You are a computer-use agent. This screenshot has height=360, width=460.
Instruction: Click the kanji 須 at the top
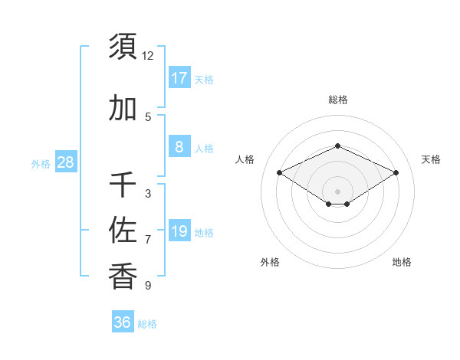pos(123,46)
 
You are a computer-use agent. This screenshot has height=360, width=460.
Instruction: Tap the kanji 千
pos(123,185)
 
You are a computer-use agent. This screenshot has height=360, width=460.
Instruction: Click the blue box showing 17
pos(179,78)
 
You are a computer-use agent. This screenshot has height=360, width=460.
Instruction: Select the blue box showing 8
pos(179,147)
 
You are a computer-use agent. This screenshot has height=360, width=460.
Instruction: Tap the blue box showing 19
pos(179,231)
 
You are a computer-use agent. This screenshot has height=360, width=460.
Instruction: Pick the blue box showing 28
pos(65,162)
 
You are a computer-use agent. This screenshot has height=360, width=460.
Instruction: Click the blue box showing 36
pos(123,322)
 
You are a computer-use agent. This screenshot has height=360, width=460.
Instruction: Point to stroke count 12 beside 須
pos(148,55)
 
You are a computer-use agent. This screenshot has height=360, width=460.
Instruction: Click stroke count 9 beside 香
pos(148,286)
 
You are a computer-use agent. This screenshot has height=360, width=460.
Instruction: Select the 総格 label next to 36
pos(147,324)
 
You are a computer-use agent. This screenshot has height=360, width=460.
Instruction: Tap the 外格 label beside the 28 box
pos(41,163)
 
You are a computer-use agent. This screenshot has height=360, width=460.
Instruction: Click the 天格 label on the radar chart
pos(431,159)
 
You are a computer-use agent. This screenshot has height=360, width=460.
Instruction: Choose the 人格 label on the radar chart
pos(245,159)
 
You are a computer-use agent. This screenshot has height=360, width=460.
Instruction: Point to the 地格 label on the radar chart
pos(402,262)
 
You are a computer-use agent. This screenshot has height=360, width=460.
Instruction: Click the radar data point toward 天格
pos(396,172)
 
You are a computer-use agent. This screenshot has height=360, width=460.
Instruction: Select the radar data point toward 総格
pos(337,146)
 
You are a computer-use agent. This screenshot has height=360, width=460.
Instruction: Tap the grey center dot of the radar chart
pos(337,191)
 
